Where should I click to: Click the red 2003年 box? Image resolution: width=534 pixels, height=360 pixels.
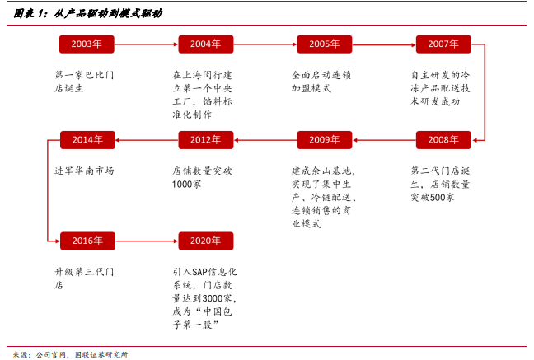coord(87,44)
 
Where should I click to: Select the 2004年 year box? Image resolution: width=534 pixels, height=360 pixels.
coord(205,44)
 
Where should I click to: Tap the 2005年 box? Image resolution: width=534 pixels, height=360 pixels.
coord(324,44)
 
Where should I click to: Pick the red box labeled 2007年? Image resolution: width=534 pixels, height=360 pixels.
coord(443,44)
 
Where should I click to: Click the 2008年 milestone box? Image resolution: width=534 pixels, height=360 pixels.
coord(443,139)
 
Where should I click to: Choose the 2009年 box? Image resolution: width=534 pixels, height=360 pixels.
coord(324,139)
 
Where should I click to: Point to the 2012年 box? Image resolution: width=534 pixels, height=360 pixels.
coord(205,139)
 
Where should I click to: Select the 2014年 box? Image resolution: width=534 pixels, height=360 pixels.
coord(87,139)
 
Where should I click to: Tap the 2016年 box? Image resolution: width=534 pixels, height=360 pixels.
coord(87,241)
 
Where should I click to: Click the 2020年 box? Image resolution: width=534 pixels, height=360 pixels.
coord(205,241)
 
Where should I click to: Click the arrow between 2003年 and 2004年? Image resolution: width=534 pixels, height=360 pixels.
coord(146,44)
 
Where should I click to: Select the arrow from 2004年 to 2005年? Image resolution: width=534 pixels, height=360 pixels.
coord(265,44)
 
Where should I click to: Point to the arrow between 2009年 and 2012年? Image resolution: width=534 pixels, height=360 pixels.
coord(265,139)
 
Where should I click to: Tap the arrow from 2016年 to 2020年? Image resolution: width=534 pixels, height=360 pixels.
coord(146,241)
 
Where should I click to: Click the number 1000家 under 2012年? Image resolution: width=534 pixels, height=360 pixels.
coord(187,184)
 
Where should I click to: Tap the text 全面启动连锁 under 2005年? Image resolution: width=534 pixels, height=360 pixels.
coord(321,75)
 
